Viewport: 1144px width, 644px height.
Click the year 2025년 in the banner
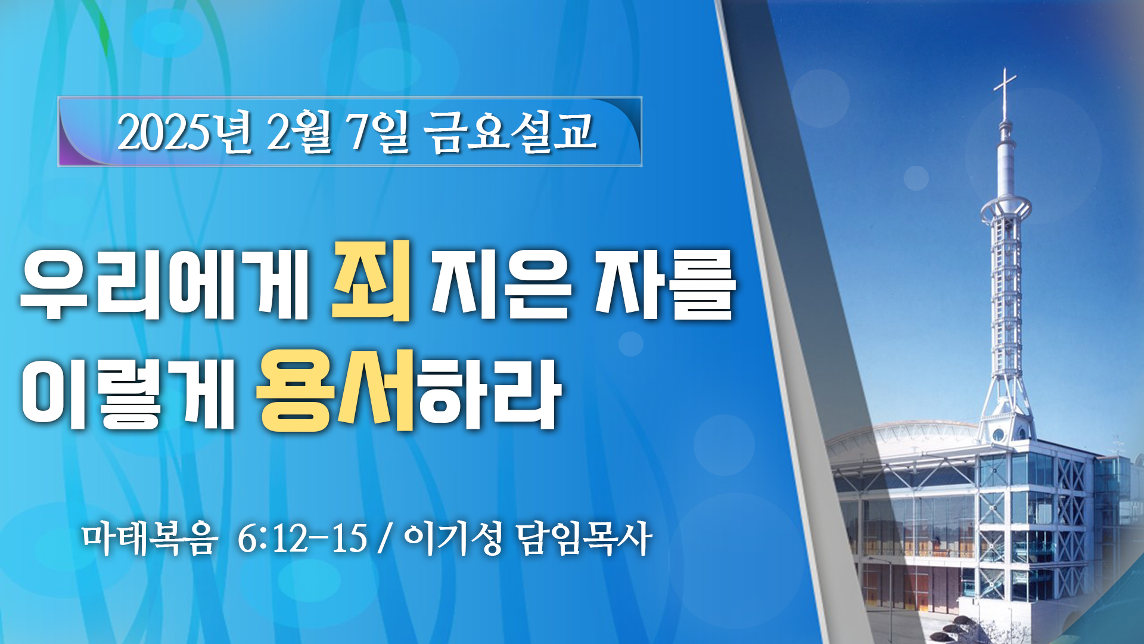[x=185, y=132]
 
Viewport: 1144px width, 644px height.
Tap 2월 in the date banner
[x=299, y=132]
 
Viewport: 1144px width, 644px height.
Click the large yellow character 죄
[x=372, y=280]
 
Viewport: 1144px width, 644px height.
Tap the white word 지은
[x=501, y=285]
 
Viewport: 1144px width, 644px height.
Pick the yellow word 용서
[x=335, y=390]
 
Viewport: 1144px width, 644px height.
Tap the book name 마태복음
[x=149, y=538]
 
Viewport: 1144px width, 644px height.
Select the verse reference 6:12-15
[x=302, y=538]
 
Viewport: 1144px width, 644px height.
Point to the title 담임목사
[x=584, y=538]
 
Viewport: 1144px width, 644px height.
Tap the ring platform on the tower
[x=1006, y=209]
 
